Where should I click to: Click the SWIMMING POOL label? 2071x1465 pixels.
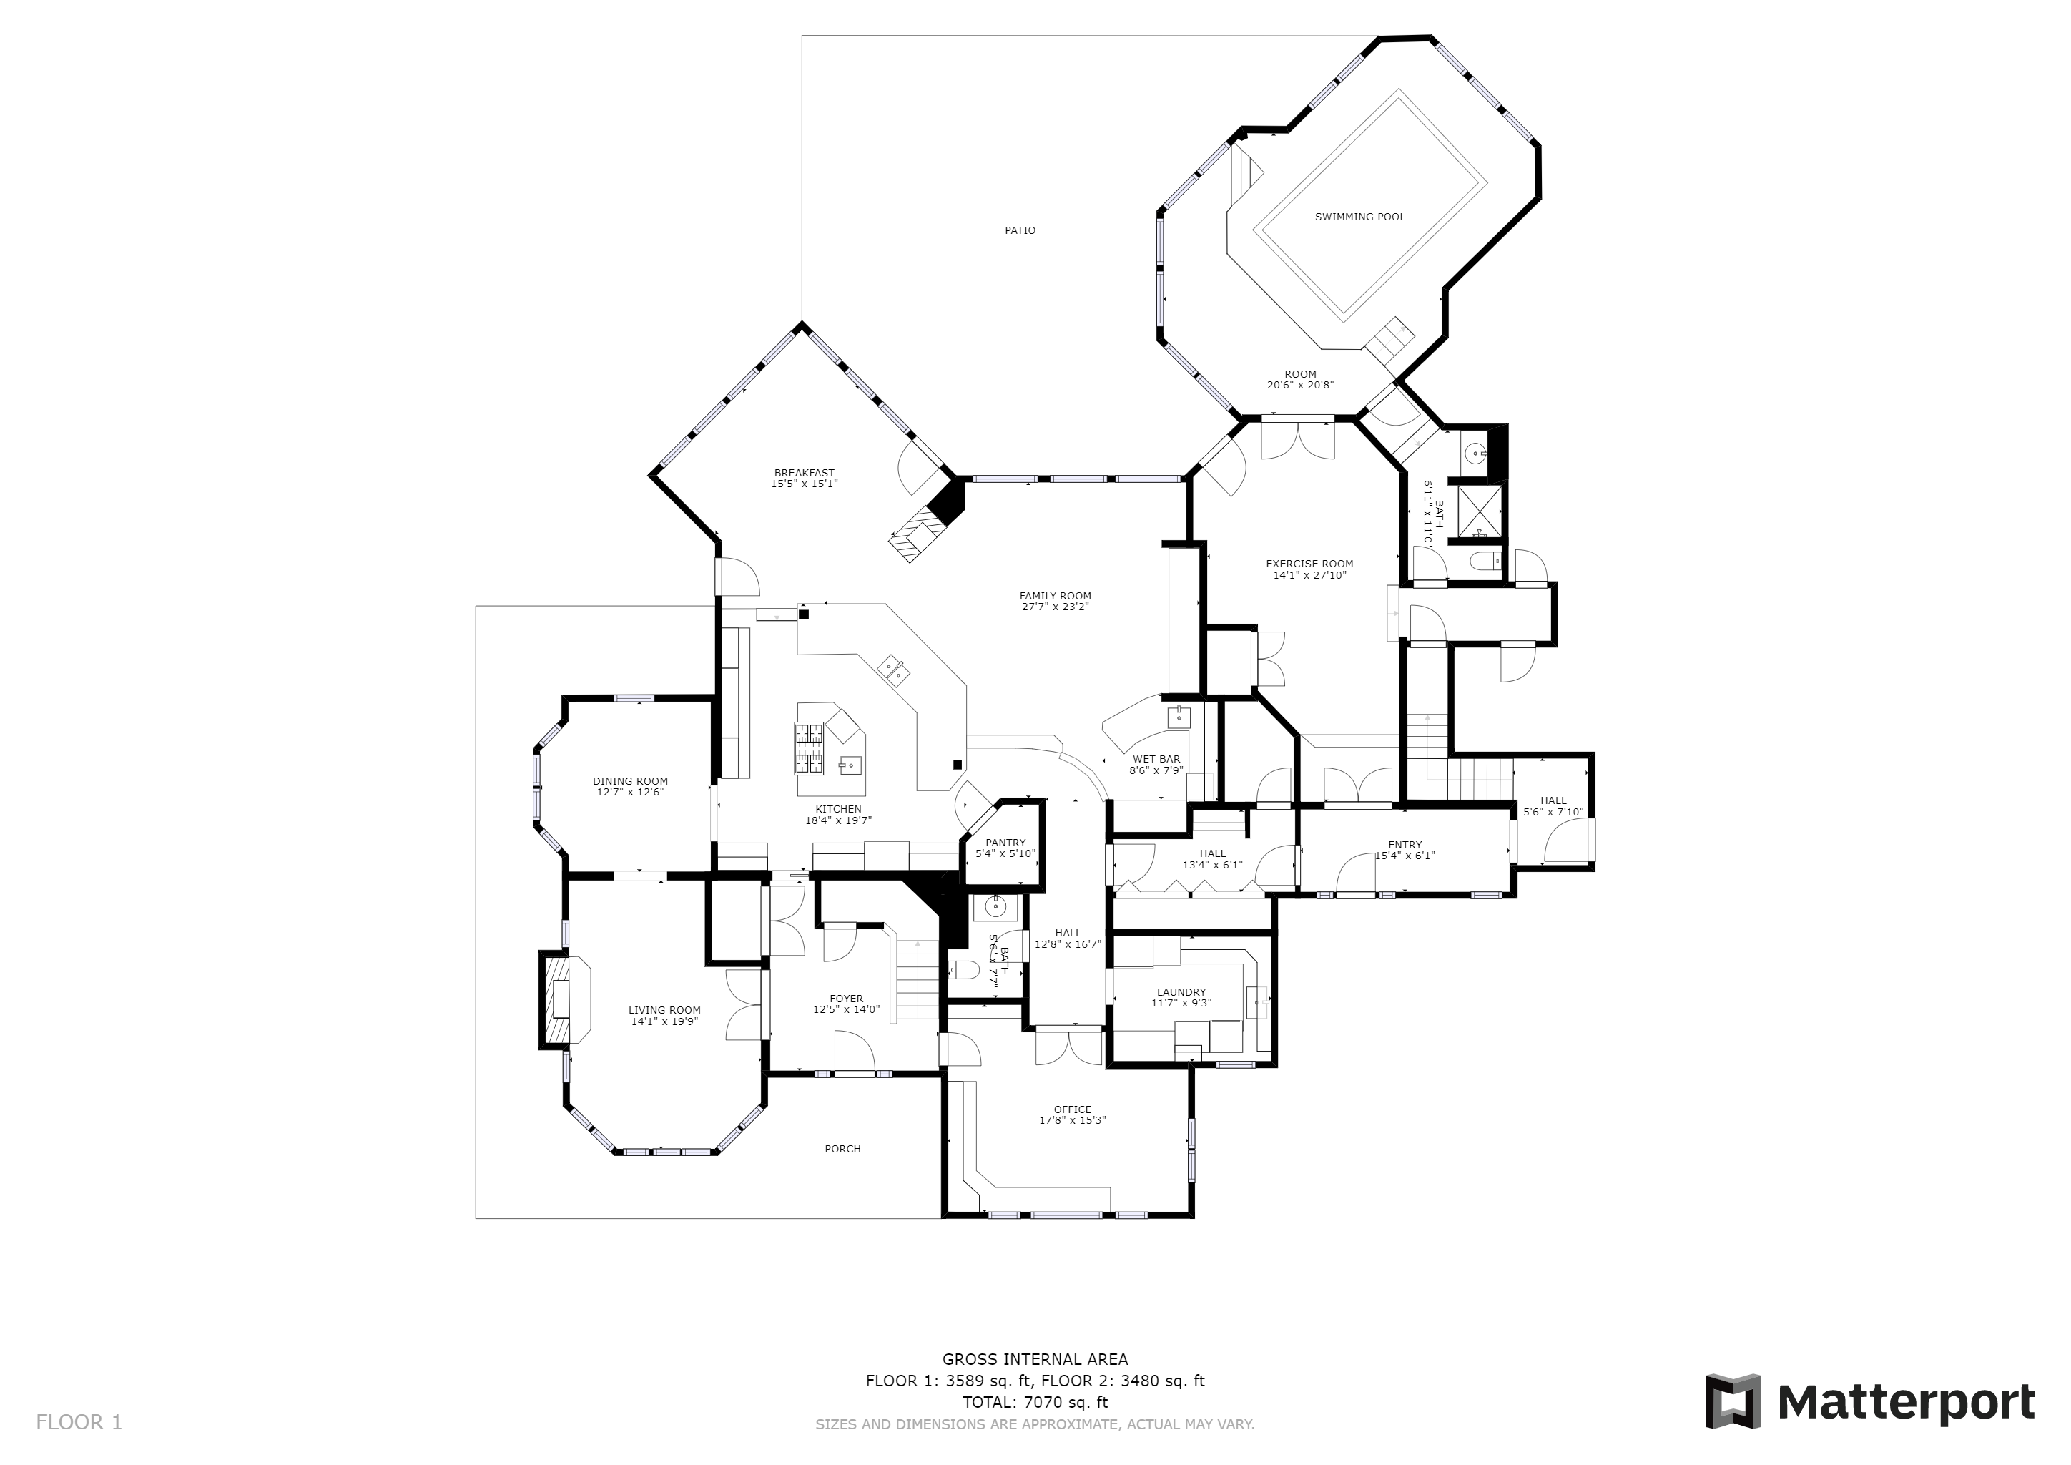click(x=1359, y=217)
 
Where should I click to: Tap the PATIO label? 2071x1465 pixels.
click(x=1020, y=230)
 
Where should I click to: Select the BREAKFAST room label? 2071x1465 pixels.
click(x=804, y=473)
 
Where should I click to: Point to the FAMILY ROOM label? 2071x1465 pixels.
click(x=1056, y=595)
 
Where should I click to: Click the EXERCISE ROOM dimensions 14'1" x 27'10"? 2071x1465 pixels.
click(x=1309, y=574)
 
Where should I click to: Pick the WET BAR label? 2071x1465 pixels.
click(x=1156, y=760)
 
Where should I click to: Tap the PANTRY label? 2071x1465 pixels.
click(x=1005, y=843)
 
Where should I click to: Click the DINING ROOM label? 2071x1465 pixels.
click(x=631, y=781)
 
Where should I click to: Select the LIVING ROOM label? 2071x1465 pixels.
click(x=665, y=1010)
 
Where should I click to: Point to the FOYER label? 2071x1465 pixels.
click(x=846, y=999)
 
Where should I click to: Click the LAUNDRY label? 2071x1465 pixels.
click(x=1181, y=992)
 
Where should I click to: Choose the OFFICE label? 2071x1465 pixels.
click(x=1073, y=1109)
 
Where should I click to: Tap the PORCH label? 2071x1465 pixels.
click(x=842, y=1148)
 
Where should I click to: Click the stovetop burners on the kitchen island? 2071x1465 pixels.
click(x=809, y=749)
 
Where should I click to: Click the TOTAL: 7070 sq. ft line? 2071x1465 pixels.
click(x=1035, y=1403)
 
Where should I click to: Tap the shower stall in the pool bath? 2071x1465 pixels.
click(x=1480, y=511)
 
